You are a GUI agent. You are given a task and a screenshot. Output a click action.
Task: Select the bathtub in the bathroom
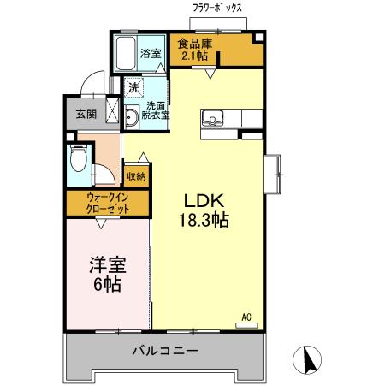click(x=127, y=56)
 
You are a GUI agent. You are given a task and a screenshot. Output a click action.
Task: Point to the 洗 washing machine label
click(x=133, y=86)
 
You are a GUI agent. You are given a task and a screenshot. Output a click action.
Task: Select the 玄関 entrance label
click(x=86, y=114)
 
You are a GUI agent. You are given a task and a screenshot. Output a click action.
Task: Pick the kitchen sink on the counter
click(x=212, y=117)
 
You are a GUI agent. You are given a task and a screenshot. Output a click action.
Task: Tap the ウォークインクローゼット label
click(x=106, y=203)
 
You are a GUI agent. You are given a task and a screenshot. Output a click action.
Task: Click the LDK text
click(x=203, y=202)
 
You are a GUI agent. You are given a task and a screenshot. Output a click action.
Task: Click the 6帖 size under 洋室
click(x=105, y=284)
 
